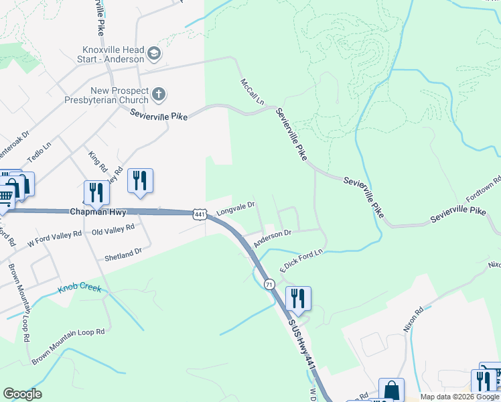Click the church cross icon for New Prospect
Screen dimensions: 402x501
pos(159,94)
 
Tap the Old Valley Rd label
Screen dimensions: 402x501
pos(113,228)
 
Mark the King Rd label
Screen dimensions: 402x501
pos(97,161)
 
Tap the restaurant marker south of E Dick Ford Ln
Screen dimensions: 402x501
pos(298,298)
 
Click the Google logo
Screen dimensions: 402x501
pos(22,394)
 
